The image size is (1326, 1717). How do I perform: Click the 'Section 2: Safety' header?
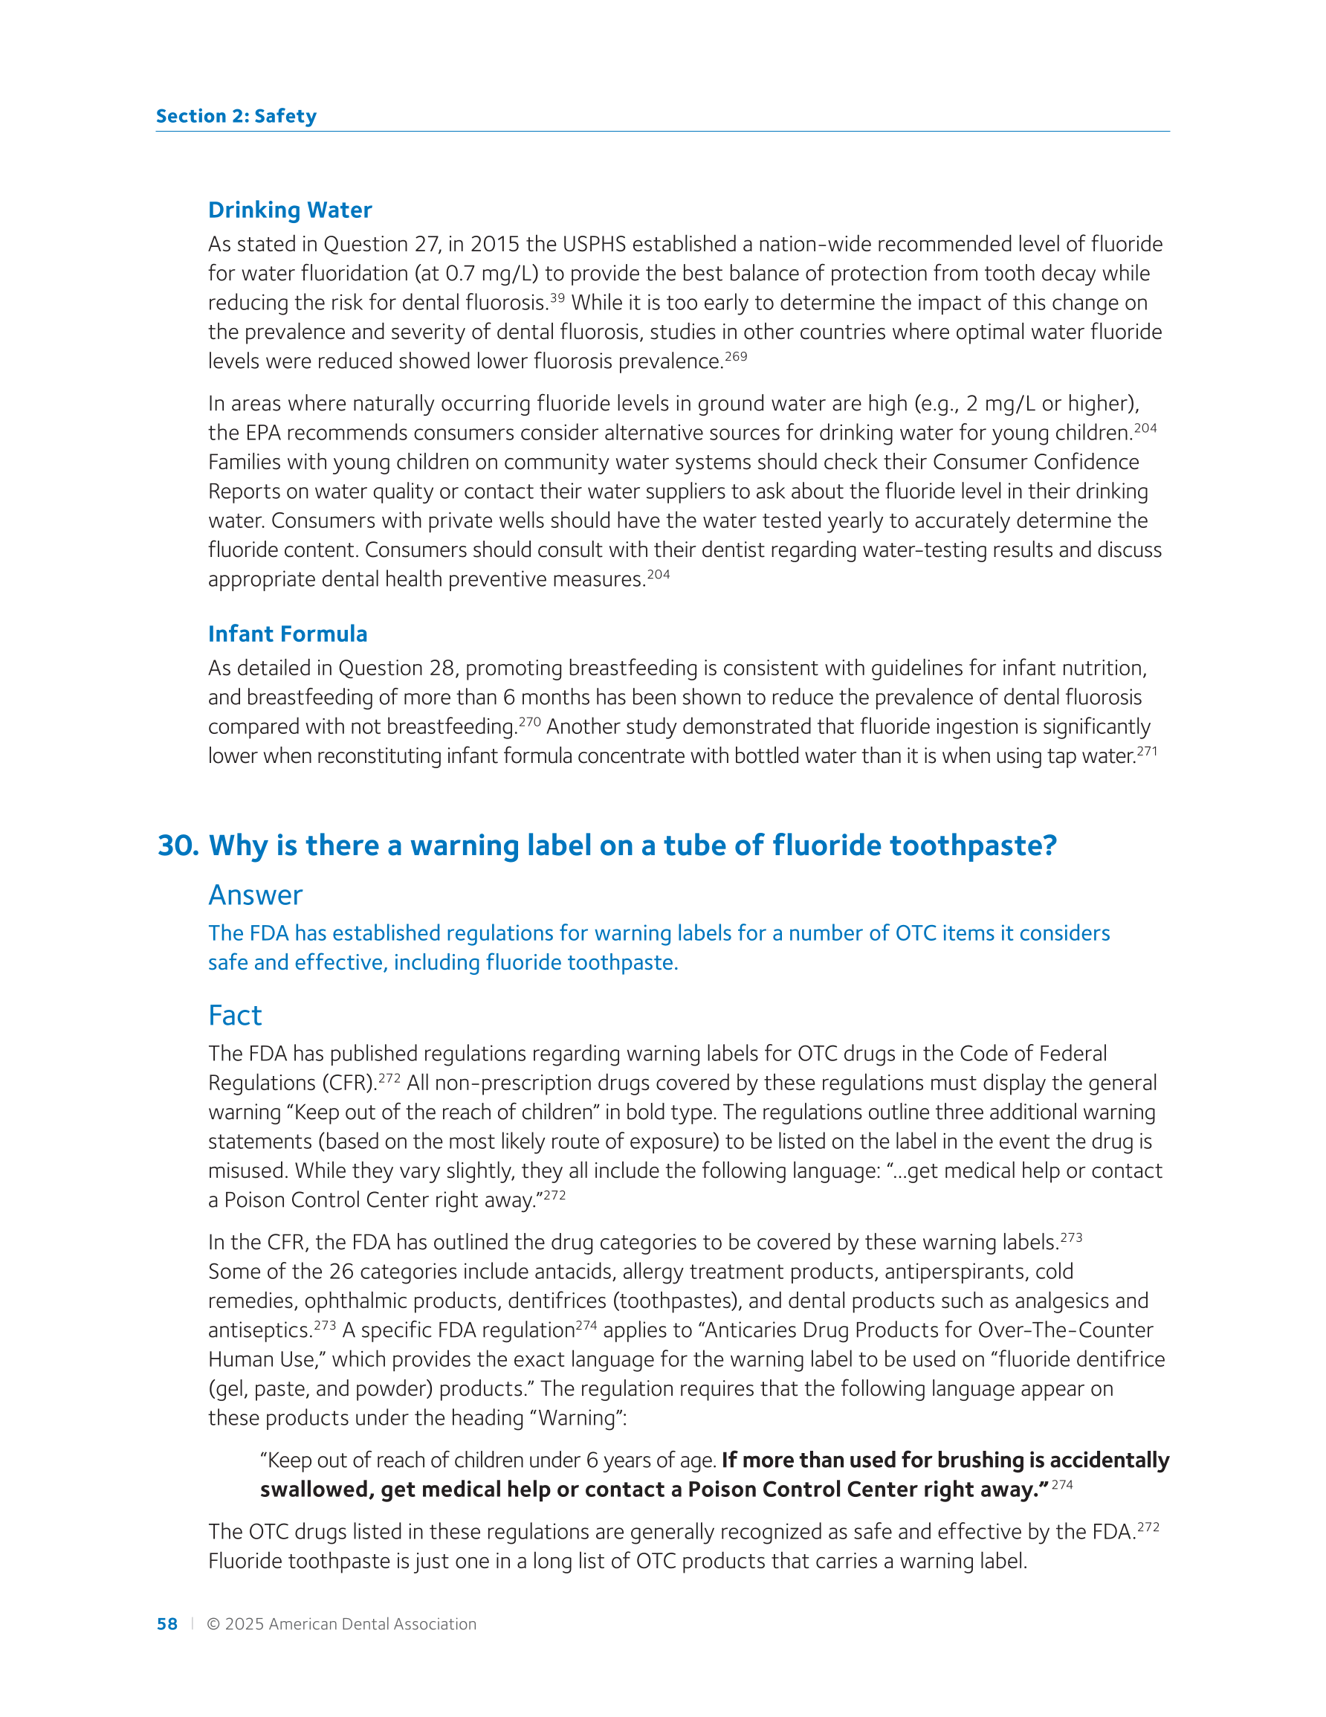[236, 116]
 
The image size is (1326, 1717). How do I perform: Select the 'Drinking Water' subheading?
[290, 210]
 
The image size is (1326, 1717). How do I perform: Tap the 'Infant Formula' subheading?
[288, 634]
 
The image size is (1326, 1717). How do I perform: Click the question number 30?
[178, 845]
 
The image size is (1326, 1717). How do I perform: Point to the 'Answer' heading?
[256, 895]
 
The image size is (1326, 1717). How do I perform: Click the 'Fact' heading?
[235, 1015]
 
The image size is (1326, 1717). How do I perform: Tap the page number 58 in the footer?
[166, 1623]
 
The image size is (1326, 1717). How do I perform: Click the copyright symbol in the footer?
[213, 1624]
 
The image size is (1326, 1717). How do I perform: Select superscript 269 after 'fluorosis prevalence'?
[736, 356]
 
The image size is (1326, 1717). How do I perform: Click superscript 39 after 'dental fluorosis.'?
[557, 298]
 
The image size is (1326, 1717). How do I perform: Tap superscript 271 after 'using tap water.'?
[1147, 751]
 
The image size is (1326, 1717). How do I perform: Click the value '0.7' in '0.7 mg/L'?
[459, 274]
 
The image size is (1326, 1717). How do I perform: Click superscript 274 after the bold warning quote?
[1062, 1484]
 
